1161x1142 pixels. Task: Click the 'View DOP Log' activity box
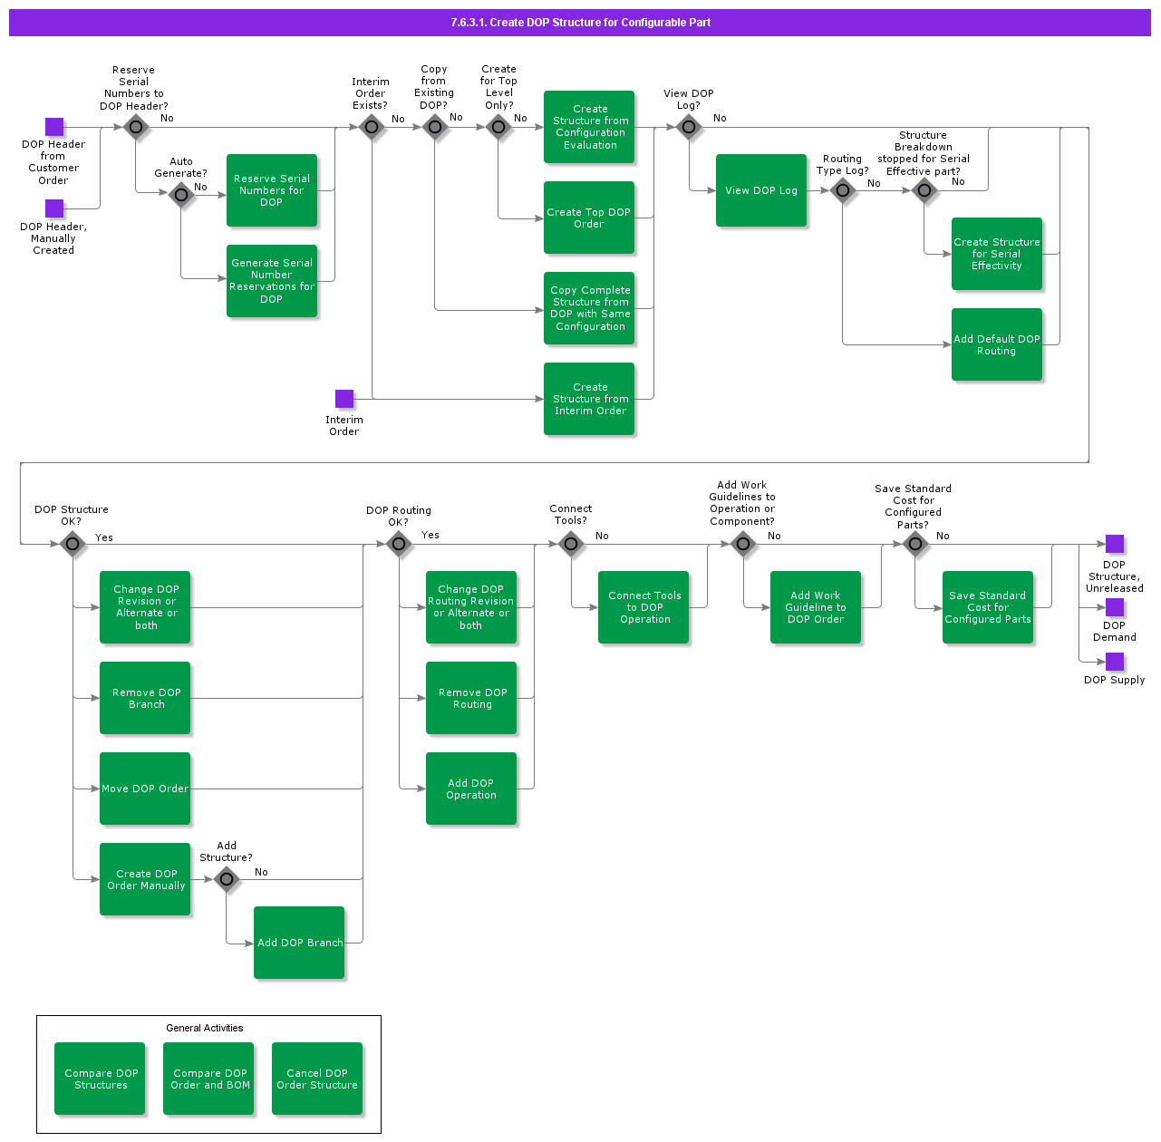click(761, 190)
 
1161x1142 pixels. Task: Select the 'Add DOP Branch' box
click(299, 943)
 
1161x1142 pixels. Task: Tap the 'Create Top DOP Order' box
click(589, 218)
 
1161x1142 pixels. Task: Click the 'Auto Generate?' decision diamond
click(181, 194)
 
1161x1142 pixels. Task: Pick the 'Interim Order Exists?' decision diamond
click(372, 127)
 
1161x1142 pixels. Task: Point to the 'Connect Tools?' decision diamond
click(571, 544)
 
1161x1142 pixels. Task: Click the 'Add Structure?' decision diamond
click(227, 878)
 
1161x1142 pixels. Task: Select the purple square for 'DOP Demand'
click(1115, 607)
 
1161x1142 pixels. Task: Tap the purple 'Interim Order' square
click(344, 399)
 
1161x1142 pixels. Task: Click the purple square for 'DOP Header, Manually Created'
click(54, 208)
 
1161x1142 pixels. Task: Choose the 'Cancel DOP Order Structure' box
click(317, 1079)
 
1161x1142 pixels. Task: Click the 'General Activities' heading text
click(205, 1028)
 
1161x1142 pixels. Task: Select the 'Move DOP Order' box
click(145, 789)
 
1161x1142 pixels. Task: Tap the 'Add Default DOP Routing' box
click(997, 344)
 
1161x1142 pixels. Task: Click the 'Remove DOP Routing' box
click(471, 698)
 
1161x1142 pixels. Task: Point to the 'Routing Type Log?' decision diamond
click(843, 190)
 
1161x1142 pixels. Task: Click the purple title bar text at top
click(580, 23)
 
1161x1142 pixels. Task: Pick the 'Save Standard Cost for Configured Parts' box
click(988, 607)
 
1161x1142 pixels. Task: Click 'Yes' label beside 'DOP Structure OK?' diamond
click(104, 537)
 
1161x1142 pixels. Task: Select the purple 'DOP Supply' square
click(1115, 662)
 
